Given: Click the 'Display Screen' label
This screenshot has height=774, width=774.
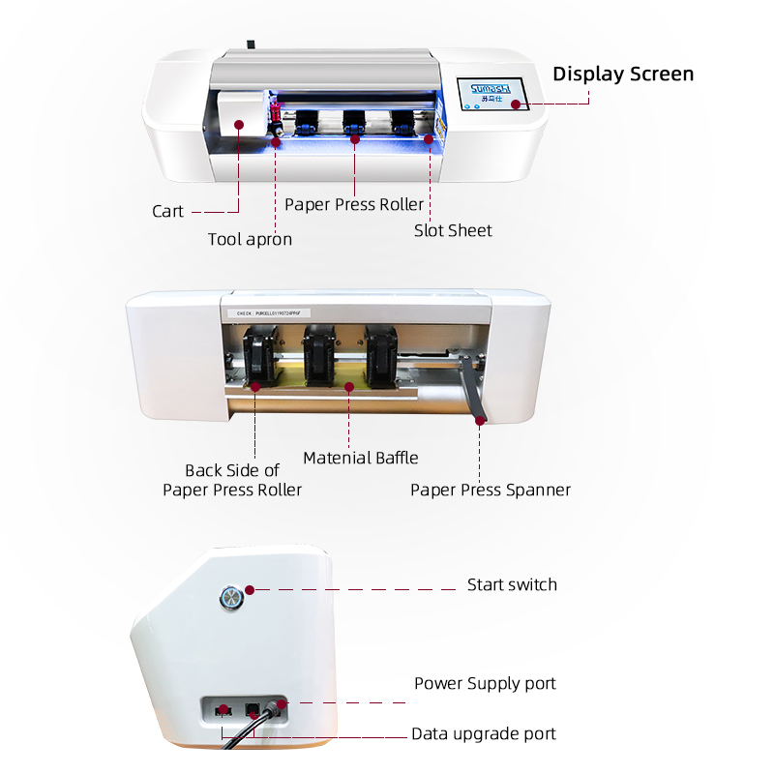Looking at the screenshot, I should coord(622,74).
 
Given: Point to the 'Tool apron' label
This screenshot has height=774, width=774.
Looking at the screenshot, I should coord(250,239).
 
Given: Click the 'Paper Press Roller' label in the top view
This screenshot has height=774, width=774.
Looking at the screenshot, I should coord(354,205).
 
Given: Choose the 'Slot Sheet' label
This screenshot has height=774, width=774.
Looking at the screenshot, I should coord(453,230).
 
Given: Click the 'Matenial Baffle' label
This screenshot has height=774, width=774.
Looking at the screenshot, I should coord(361,458).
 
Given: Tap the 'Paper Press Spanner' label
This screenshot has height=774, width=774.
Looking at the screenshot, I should coord(491,490).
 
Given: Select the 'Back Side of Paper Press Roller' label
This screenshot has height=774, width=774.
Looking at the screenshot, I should coord(232,480).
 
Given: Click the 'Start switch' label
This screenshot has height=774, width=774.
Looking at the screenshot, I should coord(512,584).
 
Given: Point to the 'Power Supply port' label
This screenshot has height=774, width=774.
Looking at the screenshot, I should coord(485,683).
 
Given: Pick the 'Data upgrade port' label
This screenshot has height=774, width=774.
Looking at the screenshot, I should coord(484,733).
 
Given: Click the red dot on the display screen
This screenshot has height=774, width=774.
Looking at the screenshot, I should coord(517,104).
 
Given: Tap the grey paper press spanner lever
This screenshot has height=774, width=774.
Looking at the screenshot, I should coord(474,387).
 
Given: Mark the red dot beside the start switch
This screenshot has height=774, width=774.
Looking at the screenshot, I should coord(249,589).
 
